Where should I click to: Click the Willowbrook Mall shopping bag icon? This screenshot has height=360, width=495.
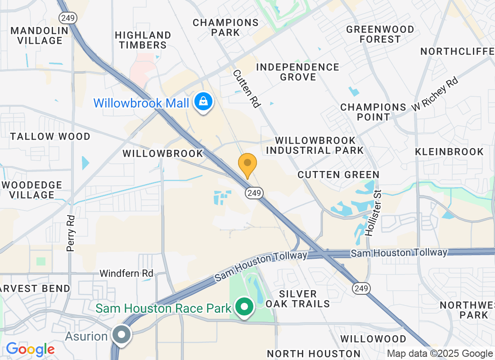203,102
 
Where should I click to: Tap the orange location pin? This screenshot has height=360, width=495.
247,165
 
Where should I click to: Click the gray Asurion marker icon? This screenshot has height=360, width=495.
121,335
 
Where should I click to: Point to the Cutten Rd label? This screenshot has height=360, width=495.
247,88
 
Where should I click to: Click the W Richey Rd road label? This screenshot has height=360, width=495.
435,94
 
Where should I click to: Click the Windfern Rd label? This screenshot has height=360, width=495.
126,273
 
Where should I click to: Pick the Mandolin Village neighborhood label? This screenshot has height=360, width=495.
39,36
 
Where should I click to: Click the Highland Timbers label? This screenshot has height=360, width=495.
143,40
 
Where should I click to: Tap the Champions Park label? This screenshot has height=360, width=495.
225,27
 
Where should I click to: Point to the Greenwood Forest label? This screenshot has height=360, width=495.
380,34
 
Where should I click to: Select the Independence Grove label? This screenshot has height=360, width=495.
297,72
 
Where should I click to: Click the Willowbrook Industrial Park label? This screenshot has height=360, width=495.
315,145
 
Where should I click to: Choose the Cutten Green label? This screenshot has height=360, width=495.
338,175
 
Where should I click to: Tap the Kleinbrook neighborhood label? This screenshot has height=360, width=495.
450,152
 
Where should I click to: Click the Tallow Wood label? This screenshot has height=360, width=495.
50,136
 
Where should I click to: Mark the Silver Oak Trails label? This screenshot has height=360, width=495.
297,299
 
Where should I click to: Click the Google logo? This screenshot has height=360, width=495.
30,349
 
